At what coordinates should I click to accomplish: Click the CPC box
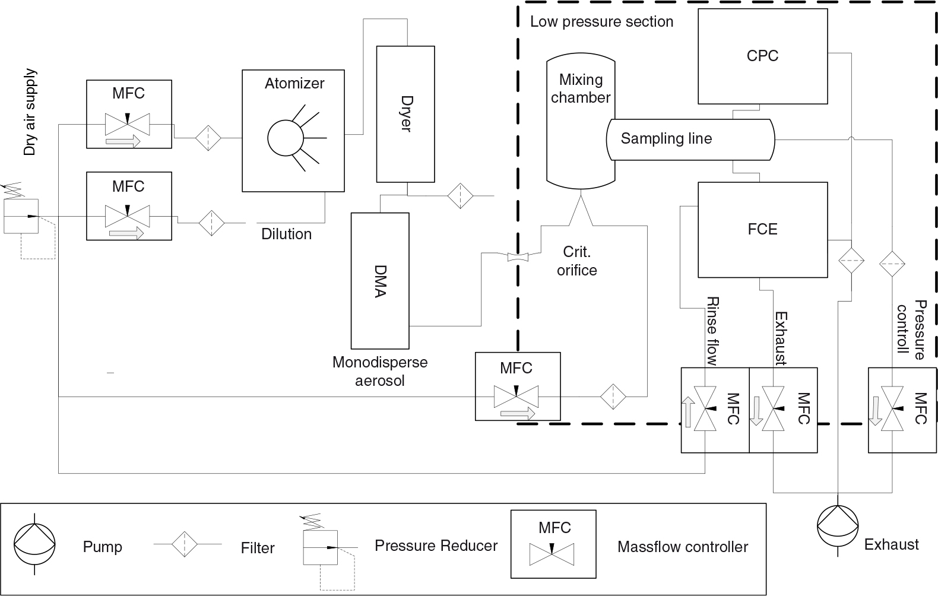pos(762,56)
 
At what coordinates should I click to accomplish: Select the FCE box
pos(762,230)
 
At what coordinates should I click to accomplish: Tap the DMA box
pos(380,281)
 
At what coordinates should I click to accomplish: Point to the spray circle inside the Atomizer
pos(285,138)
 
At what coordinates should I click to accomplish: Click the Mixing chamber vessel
pos(581,121)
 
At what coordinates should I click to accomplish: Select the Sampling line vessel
pos(690,140)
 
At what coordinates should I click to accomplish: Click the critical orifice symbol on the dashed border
pos(518,257)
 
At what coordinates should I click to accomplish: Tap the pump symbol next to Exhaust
pos(838,525)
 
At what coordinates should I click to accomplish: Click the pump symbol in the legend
pos(34,544)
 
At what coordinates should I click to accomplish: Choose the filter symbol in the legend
pos(184,544)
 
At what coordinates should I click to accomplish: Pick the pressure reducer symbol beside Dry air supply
pos(28,220)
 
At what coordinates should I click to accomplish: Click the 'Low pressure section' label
pos(602,21)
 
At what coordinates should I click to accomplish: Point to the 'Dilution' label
pos(286,234)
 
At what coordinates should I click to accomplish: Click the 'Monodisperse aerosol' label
pos(380,371)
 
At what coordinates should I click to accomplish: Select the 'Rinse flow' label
pos(712,331)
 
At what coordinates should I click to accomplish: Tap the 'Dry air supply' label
pos(30,112)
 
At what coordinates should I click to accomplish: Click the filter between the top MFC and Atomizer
pos(208,138)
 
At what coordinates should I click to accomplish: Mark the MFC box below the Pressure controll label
pos(902,410)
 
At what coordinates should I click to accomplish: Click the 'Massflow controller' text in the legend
pos(683,547)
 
